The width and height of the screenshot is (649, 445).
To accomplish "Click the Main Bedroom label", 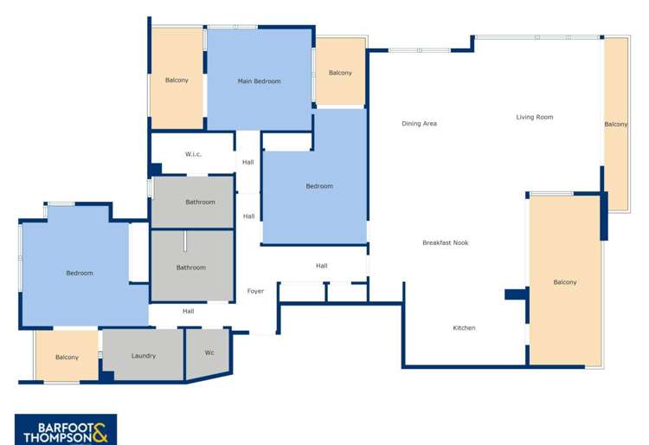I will point(259,81).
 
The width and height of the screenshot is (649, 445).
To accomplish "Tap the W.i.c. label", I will point(193,154).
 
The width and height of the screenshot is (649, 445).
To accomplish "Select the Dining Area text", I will point(419,124).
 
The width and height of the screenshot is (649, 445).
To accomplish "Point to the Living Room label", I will point(534,117).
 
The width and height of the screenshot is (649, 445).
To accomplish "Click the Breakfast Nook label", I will point(445,242).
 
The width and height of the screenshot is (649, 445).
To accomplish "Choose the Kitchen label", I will point(464,328).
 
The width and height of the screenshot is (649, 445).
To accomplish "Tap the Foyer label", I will point(255,291).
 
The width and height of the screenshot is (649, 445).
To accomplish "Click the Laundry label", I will point(144,356).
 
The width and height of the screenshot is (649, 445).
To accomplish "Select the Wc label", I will point(209,353).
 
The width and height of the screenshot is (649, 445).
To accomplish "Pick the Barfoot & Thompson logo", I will point(65,429).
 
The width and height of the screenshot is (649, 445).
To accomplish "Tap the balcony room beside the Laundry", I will point(67,357).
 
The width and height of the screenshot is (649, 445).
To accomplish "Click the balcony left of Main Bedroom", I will point(177,80).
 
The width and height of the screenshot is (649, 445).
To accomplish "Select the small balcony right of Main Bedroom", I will point(340,73).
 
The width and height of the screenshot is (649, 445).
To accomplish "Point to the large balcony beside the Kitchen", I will point(564,281).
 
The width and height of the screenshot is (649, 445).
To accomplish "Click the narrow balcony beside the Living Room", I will point(615,124).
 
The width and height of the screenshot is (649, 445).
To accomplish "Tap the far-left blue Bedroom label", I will point(80,274).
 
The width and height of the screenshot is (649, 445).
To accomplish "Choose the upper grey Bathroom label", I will point(200,202).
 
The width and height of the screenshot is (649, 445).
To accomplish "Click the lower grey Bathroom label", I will point(191,268).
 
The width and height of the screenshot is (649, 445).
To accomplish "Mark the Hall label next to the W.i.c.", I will point(248,162).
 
